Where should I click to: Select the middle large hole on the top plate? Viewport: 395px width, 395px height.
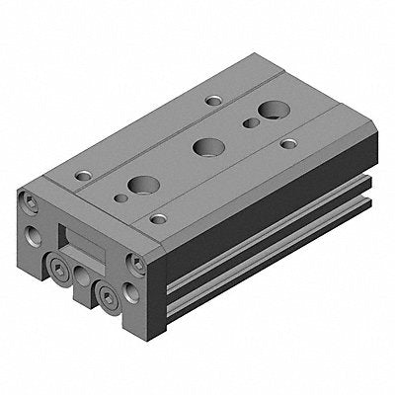click(206, 147)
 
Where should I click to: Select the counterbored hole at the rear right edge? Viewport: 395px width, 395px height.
click(288, 143)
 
